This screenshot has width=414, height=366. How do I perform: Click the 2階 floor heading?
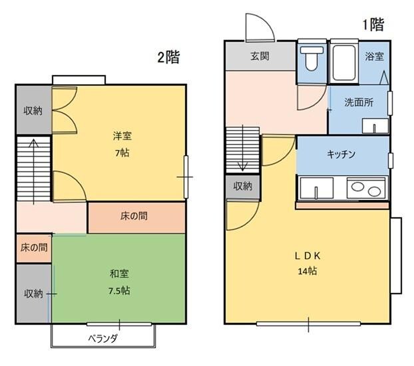tap(169, 57)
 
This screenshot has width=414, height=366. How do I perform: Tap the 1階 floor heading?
tap(373, 25)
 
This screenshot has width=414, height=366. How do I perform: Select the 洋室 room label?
tap(122, 136)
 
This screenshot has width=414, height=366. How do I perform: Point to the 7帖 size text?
tap(122, 151)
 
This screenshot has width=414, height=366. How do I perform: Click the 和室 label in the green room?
tap(120, 274)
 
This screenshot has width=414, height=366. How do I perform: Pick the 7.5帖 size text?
tap(120, 291)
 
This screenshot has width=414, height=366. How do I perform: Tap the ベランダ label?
tap(103, 338)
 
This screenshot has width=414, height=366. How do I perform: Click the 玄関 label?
tap(260, 56)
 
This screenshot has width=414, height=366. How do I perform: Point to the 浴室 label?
tap(374, 56)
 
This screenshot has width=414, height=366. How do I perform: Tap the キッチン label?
tap(341, 154)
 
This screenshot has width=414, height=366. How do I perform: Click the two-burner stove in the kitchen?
tap(365, 188)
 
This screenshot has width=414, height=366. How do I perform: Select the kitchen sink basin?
tap(315, 188)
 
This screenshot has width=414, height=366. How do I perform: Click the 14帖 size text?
tap(308, 270)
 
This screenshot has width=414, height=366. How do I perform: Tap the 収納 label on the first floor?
tap(243, 186)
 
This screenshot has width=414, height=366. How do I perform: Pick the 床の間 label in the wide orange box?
tap(134, 216)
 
